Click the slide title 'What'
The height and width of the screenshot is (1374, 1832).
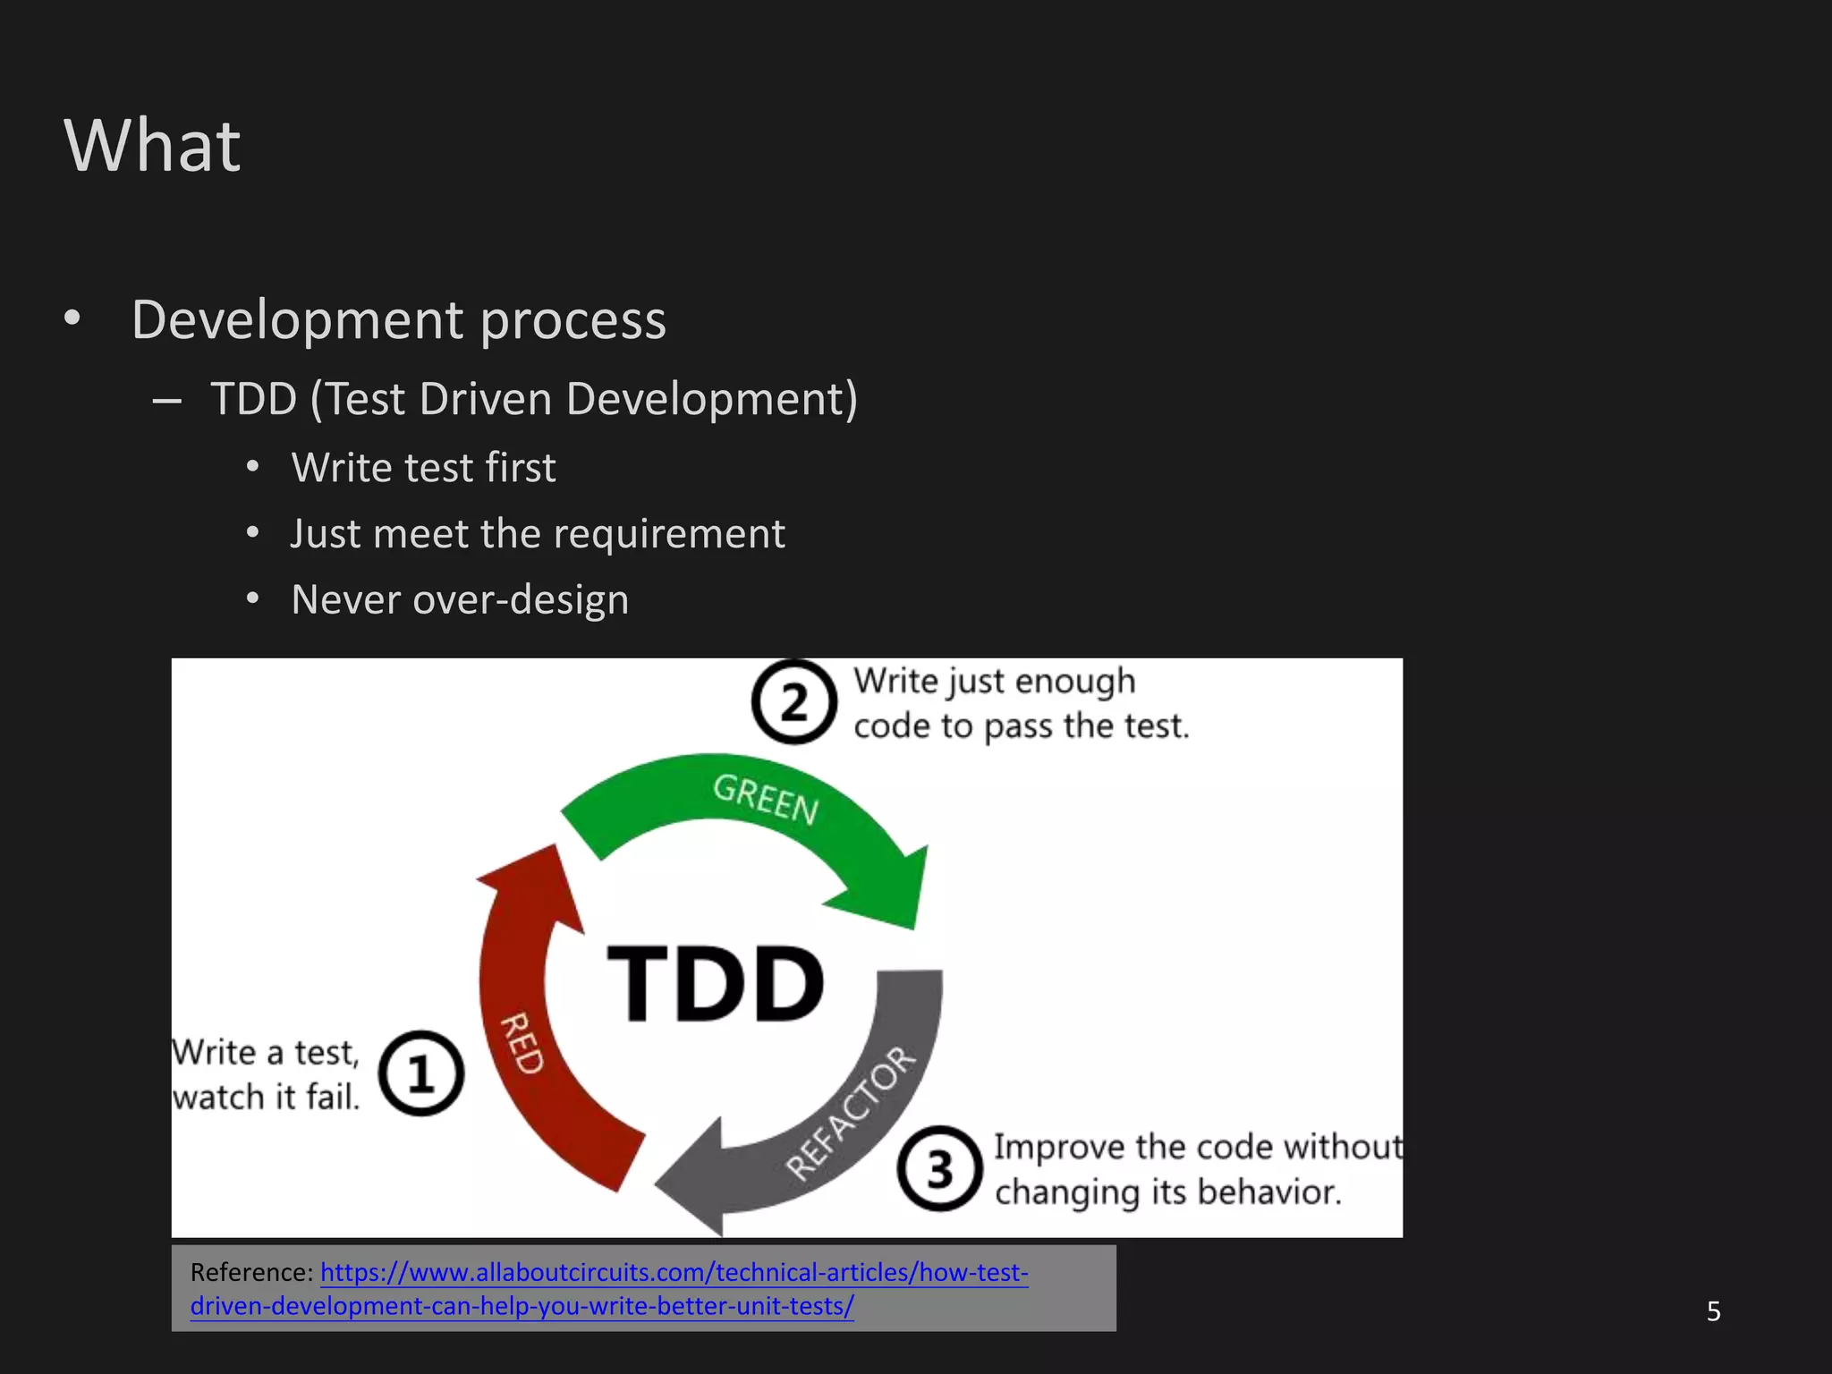152,145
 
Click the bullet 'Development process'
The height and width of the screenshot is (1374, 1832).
398,319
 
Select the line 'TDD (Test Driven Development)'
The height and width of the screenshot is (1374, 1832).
534,398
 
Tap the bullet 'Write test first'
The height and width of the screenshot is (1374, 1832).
423,468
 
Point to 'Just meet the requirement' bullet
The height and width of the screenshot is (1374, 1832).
538,534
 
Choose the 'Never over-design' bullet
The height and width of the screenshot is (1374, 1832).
460,599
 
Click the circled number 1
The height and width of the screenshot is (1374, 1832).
420,1073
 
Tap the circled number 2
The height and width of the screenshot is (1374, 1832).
793,702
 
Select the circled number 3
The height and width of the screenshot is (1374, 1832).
939,1168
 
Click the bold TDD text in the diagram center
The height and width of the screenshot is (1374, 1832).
715,983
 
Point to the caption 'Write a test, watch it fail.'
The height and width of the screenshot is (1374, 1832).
266,1074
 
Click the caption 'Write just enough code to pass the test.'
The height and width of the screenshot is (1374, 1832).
1020,703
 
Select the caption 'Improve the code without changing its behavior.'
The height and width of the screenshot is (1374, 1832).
1197,1169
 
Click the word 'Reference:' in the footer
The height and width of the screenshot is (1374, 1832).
251,1273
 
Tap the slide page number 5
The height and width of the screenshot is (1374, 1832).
1713,1311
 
